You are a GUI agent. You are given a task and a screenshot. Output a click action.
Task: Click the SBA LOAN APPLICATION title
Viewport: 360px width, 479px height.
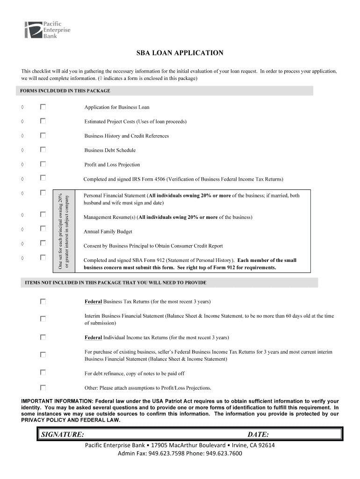[180, 53]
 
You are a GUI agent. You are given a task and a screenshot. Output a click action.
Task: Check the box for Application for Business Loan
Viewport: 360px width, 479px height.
[43, 107]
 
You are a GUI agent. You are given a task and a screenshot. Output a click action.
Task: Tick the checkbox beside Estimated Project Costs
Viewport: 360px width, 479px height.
[43, 121]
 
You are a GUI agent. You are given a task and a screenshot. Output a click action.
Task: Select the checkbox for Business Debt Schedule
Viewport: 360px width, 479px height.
[43, 150]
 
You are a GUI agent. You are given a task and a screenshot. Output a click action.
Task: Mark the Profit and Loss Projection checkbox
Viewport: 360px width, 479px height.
[43, 164]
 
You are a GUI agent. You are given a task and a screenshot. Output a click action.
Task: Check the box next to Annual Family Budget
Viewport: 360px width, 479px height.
[43, 229]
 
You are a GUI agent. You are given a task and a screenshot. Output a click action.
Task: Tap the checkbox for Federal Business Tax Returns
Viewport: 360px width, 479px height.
[43, 302]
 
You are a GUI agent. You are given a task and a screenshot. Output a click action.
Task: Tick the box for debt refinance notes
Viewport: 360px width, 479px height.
[43, 373]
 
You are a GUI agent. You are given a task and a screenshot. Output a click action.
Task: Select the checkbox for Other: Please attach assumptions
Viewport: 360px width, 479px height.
[43, 387]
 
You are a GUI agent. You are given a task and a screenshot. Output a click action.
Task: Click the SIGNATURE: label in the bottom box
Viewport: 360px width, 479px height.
[63, 435]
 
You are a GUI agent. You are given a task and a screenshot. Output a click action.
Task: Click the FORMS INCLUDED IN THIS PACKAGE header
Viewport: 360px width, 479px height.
[65, 91]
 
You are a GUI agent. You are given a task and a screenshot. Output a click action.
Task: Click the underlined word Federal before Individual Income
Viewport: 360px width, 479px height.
[93, 337]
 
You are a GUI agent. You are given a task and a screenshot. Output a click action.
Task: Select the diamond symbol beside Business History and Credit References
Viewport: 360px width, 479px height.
[22, 136]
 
